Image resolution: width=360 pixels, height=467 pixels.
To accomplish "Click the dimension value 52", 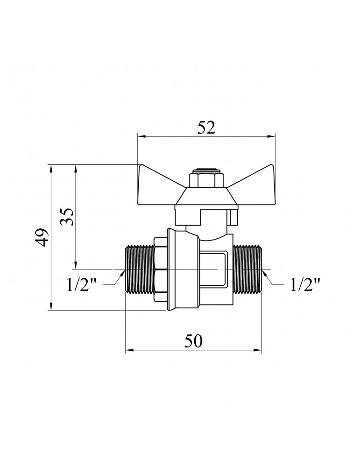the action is coord(206,128).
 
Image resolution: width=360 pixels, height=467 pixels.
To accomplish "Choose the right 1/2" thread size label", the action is coord(305,285).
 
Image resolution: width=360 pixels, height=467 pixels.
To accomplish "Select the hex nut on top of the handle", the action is coord(202,179).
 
